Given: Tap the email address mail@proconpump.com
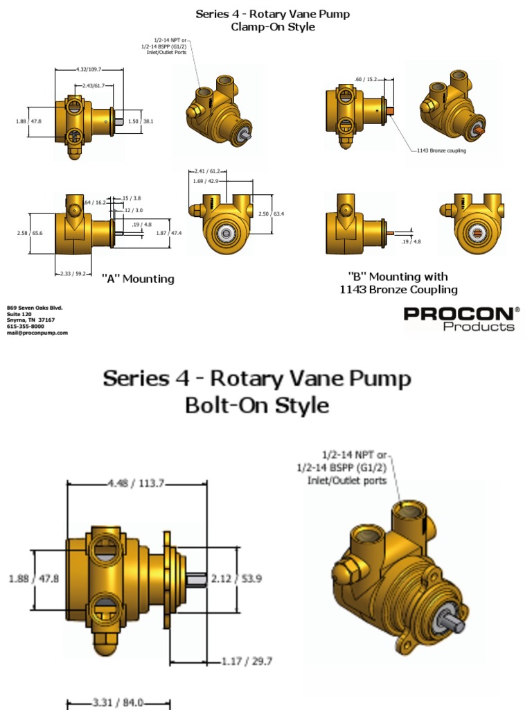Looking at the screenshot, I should tap(37, 333).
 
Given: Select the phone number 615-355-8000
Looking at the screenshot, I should tap(26, 326).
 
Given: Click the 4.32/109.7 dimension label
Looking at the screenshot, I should tap(88, 69).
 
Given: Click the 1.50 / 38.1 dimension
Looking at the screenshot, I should tap(141, 121).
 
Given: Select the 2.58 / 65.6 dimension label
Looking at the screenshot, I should tap(29, 233).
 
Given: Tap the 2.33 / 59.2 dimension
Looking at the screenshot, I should tap(72, 274).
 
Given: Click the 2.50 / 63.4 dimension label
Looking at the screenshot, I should tap(272, 214).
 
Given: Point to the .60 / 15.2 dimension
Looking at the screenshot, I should tap(366, 79).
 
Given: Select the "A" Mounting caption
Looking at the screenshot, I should tap(138, 279).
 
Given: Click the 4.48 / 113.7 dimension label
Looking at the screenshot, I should tap(136, 484).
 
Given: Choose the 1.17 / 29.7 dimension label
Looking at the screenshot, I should tap(247, 661).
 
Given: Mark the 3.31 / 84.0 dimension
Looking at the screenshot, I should tap(118, 702).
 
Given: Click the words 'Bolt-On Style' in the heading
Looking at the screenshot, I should tap(257, 405).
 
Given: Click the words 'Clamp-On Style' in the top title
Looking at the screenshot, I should tap(273, 27).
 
